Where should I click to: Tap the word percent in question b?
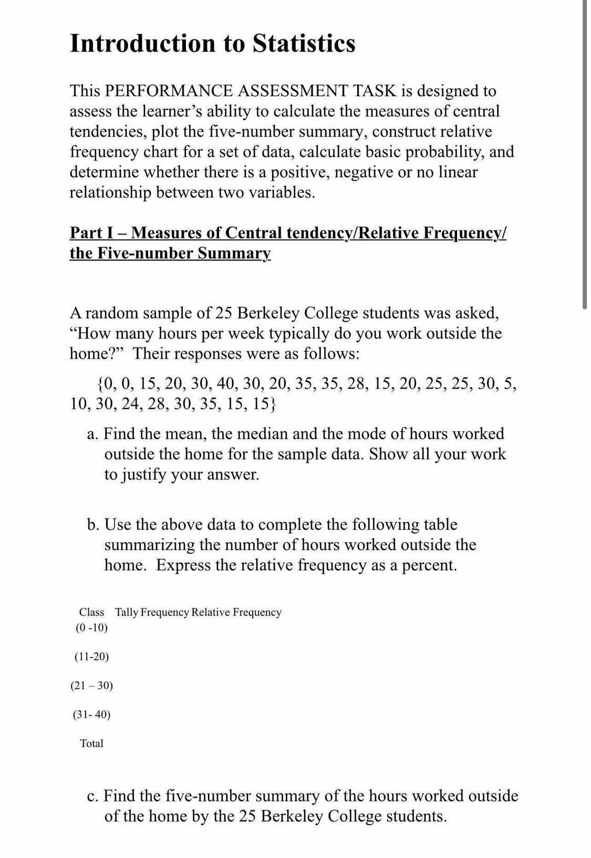(x=429, y=565)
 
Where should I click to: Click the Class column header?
(x=91, y=612)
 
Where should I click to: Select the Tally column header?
(x=126, y=612)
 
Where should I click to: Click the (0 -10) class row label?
(x=91, y=628)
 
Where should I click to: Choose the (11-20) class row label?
(x=91, y=657)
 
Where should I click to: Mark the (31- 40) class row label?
(x=91, y=715)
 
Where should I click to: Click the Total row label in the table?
(x=91, y=743)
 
